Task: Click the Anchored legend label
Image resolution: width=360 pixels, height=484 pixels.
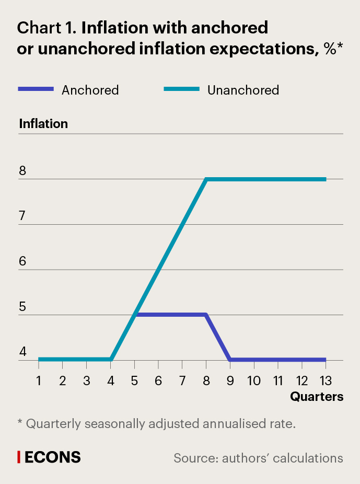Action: point(90,90)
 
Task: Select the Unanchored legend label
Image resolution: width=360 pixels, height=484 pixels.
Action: point(243,90)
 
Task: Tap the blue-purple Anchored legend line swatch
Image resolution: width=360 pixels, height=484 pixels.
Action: point(36,89)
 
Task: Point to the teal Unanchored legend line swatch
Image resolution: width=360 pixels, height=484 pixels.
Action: point(182,89)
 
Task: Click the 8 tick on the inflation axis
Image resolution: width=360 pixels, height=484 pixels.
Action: point(22,171)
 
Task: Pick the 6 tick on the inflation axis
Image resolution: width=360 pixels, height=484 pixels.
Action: point(22,262)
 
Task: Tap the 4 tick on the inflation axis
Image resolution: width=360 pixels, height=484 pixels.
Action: point(22,352)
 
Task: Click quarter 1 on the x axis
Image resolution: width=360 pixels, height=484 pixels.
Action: point(39,380)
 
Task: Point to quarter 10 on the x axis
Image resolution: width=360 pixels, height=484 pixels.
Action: point(253,380)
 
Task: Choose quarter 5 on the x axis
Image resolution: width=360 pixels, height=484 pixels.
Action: point(135,380)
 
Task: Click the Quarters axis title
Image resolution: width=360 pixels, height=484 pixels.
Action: point(317,397)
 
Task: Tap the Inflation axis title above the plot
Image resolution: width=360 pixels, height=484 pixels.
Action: point(43,124)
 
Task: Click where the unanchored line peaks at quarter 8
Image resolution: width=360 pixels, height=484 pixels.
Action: point(207,179)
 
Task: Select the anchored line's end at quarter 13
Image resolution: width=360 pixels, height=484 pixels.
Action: point(325,360)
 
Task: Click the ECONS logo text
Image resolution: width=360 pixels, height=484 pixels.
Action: point(53,457)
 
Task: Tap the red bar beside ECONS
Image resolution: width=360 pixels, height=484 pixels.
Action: point(19,457)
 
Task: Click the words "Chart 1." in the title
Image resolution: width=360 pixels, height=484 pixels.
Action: point(47,28)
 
